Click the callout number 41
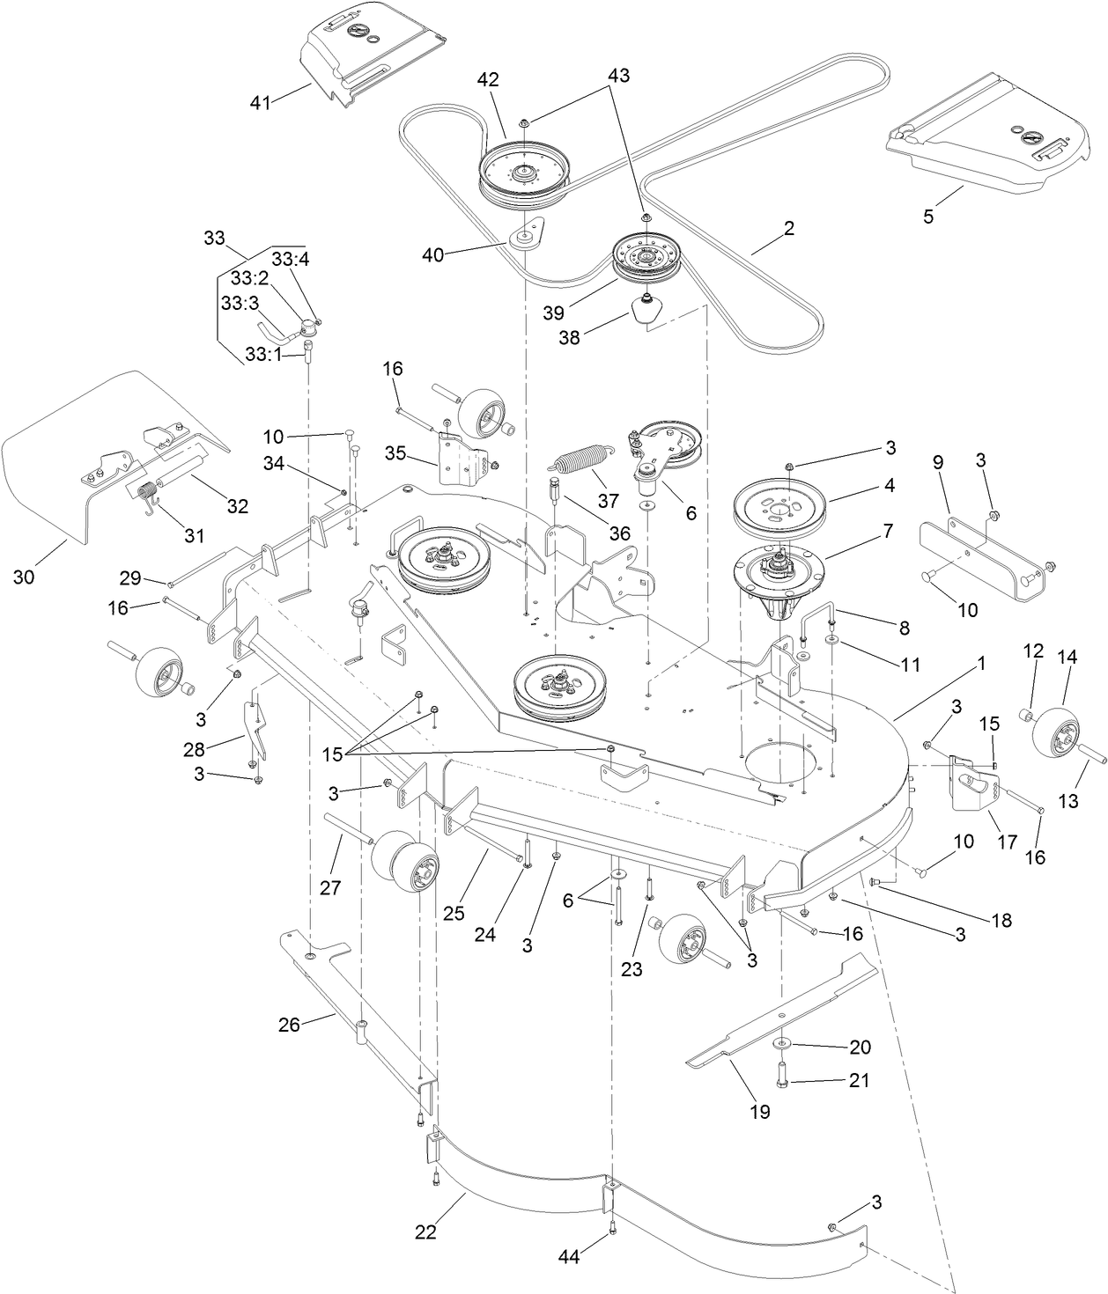260,103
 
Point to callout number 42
489,79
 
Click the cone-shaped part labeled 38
648,312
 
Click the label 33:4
289,260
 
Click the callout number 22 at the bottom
426,1233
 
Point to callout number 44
569,1258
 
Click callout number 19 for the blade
759,1111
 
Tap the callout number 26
290,1024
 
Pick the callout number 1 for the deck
981,666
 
